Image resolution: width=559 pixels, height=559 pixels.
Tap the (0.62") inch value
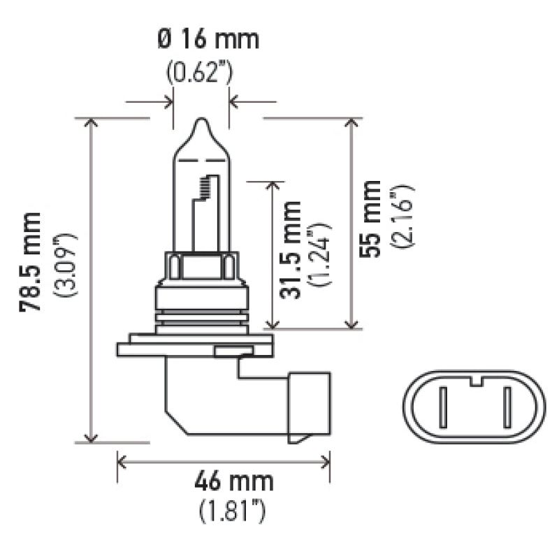point(199,73)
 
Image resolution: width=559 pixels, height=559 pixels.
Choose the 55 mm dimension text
point(372,219)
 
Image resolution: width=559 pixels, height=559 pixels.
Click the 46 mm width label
point(224,481)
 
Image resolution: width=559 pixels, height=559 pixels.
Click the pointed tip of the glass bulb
point(201,124)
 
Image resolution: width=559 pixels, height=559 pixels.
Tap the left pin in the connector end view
point(442,407)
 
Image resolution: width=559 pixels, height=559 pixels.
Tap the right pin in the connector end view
point(507,407)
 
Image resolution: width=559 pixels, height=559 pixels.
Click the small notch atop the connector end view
point(474,382)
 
